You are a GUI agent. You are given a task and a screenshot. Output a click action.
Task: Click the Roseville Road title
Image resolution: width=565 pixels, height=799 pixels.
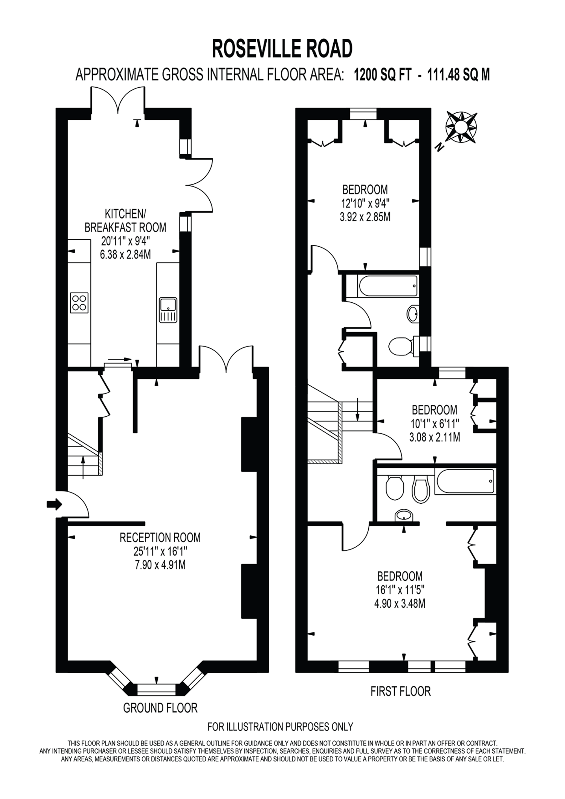pyautogui.click(x=282, y=49)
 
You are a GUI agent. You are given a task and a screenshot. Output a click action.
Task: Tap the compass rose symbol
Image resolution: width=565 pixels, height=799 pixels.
pyautogui.click(x=461, y=127)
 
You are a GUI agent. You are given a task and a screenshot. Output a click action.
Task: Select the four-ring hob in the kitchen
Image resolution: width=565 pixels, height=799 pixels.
pyautogui.click(x=79, y=302)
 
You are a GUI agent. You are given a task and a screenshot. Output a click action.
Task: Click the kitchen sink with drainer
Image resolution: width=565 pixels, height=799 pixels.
pyautogui.click(x=168, y=309)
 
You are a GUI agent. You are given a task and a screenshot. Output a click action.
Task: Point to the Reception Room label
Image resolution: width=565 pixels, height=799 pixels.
pyautogui.click(x=160, y=538)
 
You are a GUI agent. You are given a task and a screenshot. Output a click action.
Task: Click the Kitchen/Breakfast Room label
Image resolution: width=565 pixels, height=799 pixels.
pyautogui.click(x=126, y=220)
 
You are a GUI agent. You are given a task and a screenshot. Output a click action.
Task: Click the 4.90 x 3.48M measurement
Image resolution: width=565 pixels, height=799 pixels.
pyautogui.click(x=400, y=603)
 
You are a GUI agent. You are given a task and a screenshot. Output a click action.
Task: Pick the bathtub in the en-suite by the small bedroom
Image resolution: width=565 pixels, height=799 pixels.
pyautogui.click(x=465, y=481)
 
